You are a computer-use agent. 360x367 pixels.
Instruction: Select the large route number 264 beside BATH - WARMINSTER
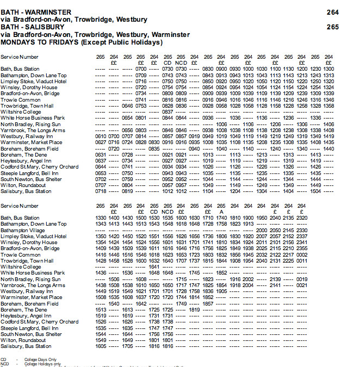333,12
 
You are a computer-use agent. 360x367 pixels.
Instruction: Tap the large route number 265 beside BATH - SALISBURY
333,27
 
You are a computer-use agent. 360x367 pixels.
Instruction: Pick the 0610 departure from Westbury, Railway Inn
101,136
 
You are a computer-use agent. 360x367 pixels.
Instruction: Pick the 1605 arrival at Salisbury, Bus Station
101,346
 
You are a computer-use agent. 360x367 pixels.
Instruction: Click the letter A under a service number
221,212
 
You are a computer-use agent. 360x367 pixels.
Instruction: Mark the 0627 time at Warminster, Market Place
101,142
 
